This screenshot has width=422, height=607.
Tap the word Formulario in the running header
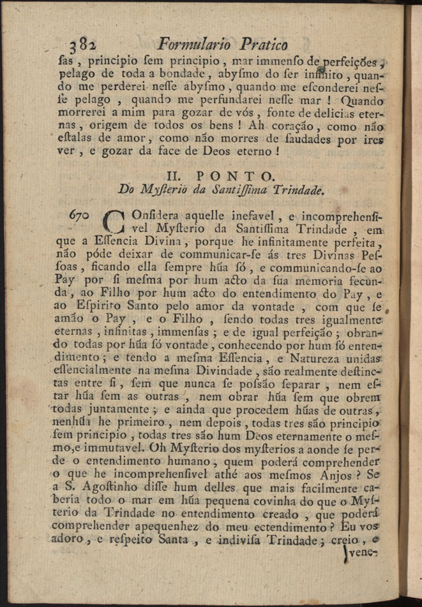(195, 45)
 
